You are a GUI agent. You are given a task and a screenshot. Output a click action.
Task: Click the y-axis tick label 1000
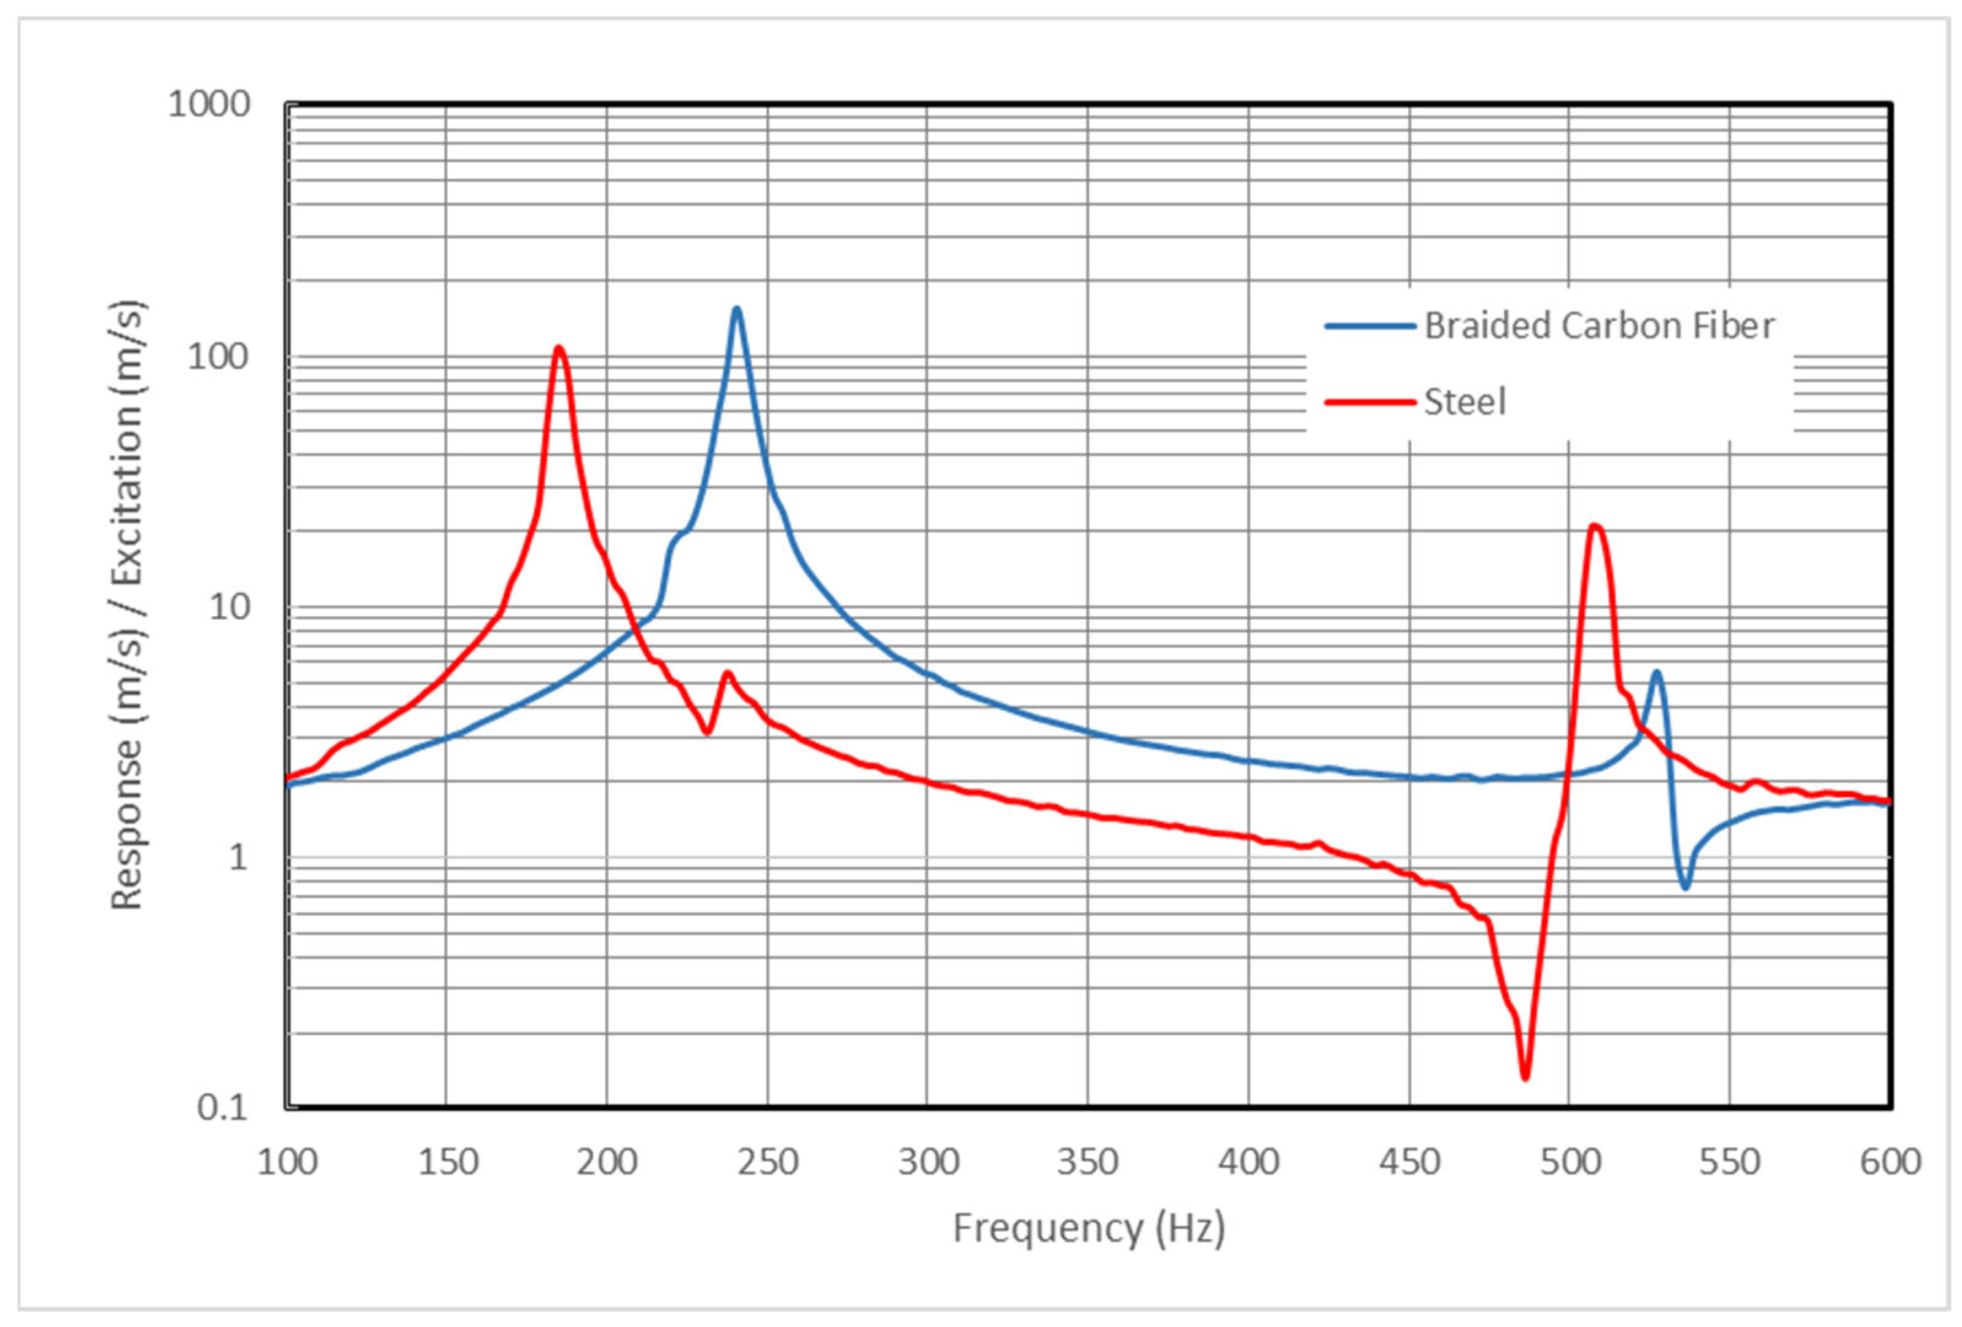[x=209, y=104]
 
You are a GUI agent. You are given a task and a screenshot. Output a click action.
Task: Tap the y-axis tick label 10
[x=229, y=606]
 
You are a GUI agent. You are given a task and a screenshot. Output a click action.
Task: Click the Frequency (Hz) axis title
[x=1088, y=1228]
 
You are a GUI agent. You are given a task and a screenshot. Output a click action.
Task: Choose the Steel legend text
[x=1465, y=402]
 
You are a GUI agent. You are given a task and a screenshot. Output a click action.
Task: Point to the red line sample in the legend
[x=1369, y=402]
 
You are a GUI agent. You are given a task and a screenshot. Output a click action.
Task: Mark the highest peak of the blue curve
[x=737, y=309]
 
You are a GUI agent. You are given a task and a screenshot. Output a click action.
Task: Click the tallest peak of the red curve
[x=559, y=348]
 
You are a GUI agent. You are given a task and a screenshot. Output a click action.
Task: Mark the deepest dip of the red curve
[x=1525, y=1078]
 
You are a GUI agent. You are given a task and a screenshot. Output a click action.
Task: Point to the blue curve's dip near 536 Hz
[x=1685, y=888]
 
